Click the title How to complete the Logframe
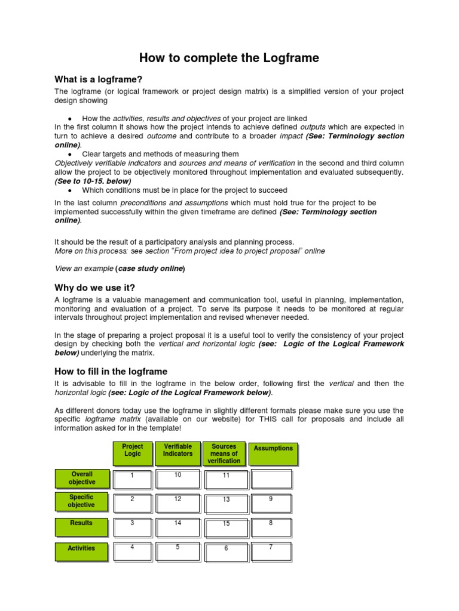229,58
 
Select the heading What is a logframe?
98,79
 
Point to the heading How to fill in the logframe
111,371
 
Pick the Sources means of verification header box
224,454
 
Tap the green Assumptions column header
273,454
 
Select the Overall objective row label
82,479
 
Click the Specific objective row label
82,502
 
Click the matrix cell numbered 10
178,479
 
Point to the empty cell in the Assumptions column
271,479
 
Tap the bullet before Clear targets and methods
70,155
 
